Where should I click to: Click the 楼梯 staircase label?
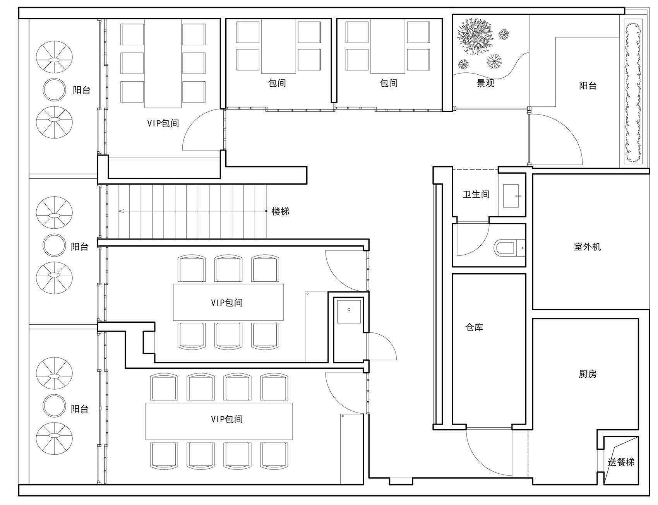[x=280, y=211]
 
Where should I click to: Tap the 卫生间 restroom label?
[x=476, y=194]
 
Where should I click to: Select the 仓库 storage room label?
[x=474, y=327]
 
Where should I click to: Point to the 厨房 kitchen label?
[x=588, y=374]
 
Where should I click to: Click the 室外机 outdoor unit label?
[x=587, y=247]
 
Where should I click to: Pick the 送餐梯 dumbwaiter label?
[x=621, y=462]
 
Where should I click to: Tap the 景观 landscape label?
[x=485, y=83]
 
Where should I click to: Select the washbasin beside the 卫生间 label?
[x=512, y=196]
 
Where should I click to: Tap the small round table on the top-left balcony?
[x=54, y=89]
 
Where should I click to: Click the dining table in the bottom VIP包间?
[x=219, y=421]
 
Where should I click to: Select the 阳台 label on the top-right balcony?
[x=588, y=86]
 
